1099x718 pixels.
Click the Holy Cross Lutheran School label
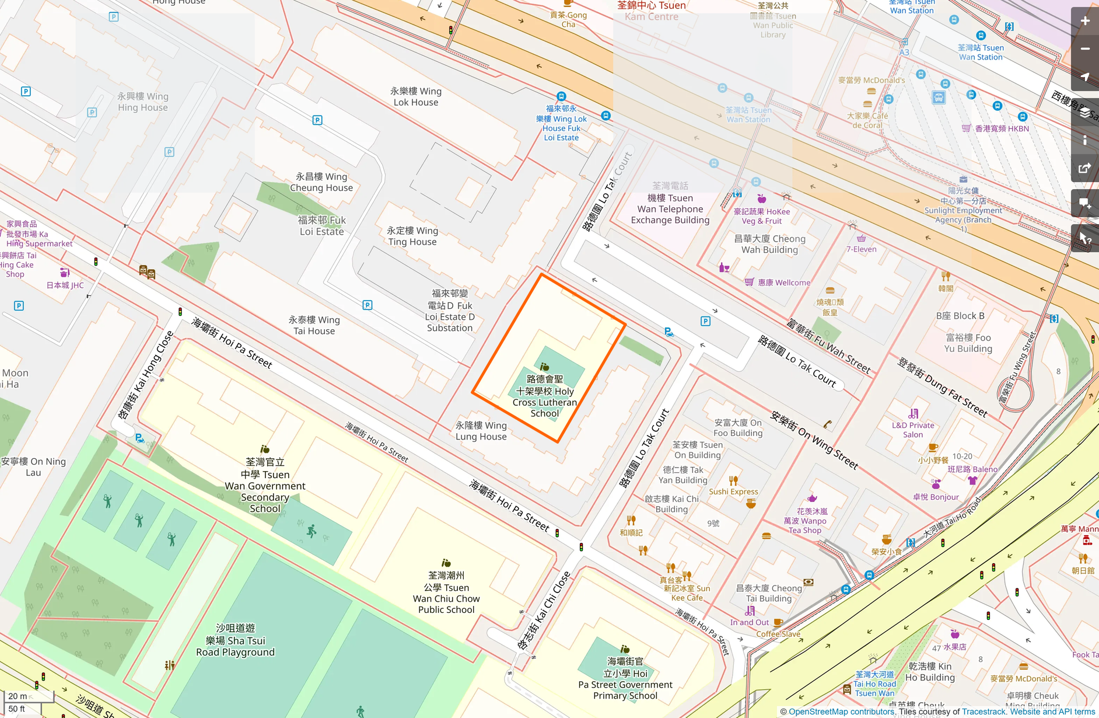544,396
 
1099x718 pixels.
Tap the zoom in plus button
1084,21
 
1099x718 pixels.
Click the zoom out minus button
1084,49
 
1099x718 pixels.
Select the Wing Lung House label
481,431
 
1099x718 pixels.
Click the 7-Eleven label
861,249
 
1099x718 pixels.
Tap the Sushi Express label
733,492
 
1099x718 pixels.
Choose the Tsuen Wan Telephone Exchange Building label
670,209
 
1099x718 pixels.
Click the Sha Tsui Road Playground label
235,640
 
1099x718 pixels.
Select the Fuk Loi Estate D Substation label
450,311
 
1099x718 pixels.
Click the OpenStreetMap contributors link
841,712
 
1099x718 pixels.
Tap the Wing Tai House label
314,325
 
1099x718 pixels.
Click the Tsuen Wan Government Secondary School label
265,486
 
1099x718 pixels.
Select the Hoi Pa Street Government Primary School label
625,679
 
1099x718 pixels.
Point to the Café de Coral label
867,120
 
